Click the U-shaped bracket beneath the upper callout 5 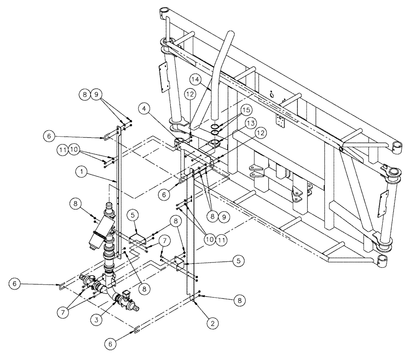(x=138, y=238)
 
